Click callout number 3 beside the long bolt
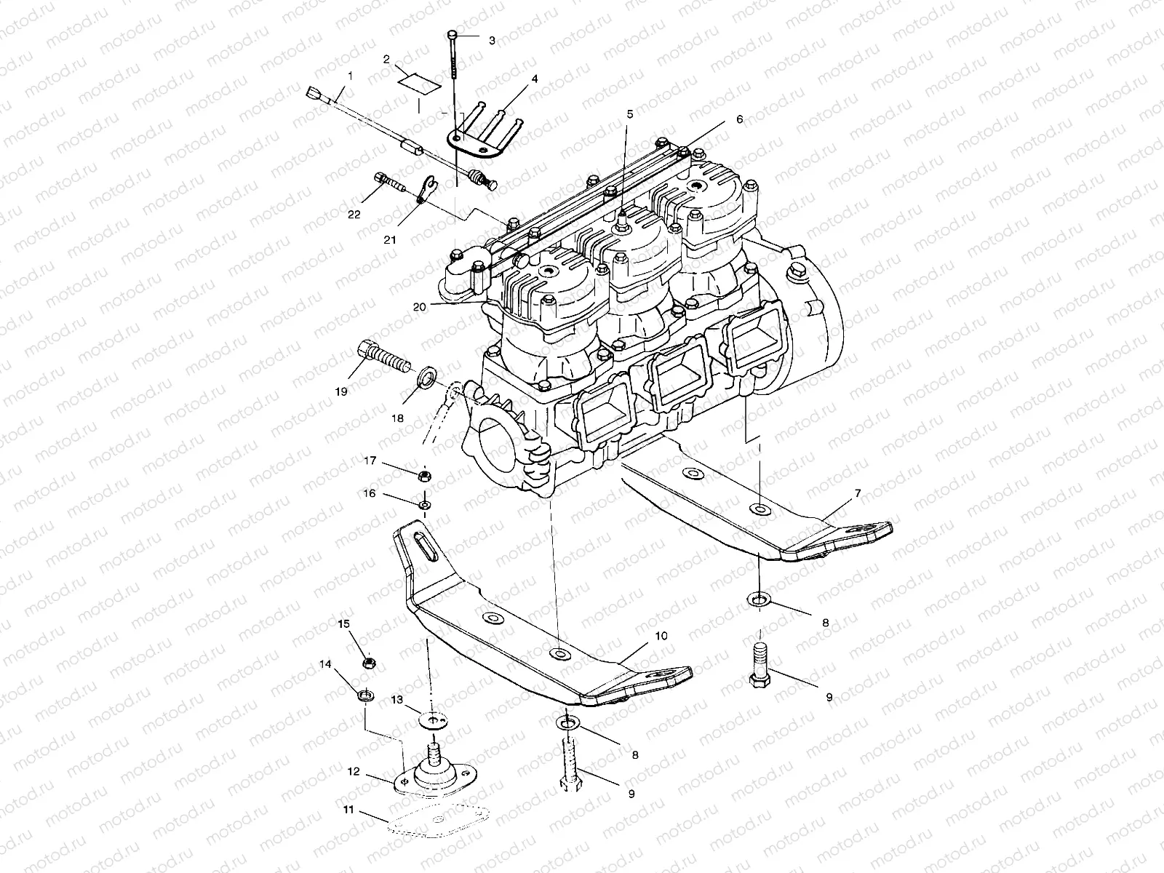[492, 41]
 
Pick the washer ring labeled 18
[428, 378]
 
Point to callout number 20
[419, 306]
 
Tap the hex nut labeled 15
[368, 663]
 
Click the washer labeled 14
[367, 695]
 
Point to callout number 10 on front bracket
[661, 636]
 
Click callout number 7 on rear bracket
[858, 493]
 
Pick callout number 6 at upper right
[739, 119]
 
